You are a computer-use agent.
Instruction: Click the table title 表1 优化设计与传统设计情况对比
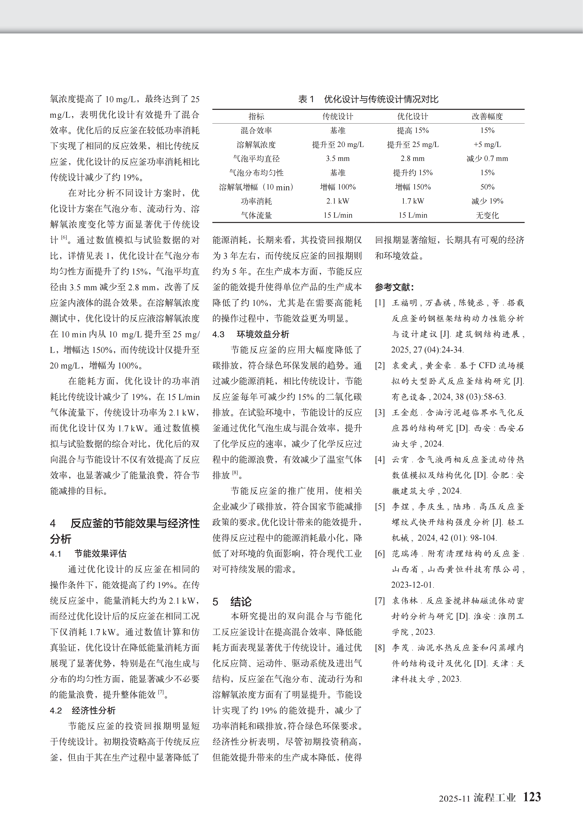point(368,99)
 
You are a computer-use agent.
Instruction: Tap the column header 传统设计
point(338,116)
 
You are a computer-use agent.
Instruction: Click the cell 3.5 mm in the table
point(338,159)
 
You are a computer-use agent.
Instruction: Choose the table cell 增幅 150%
point(413,187)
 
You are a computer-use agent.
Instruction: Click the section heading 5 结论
point(232,601)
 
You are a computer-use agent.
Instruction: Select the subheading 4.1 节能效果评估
point(88,554)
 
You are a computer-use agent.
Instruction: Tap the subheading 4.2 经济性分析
point(83,710)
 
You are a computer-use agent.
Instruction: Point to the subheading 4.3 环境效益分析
point(251,334)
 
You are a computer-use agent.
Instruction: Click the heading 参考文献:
point(394,287)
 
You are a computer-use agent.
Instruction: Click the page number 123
point(532,797)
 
